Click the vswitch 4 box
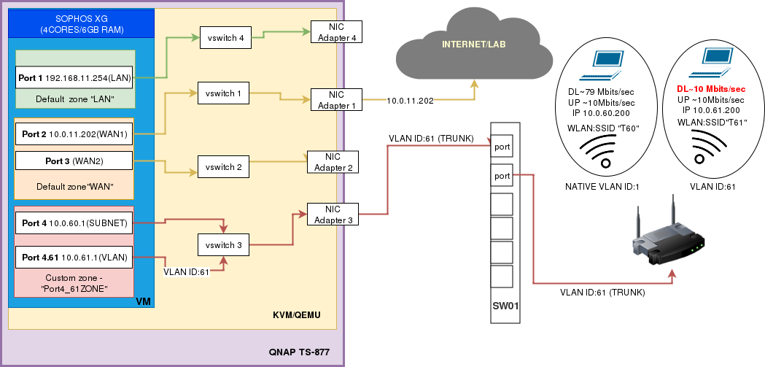click(226, 39)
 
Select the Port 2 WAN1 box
click(74, 134)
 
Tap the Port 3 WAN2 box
click(74, 160)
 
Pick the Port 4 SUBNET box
click(74, 223)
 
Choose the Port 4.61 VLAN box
click(74, 257)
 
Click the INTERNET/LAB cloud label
click(473, 45)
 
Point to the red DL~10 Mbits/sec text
click(711, 89)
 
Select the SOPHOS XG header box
click(81, 24)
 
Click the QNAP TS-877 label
click(299, 352)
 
